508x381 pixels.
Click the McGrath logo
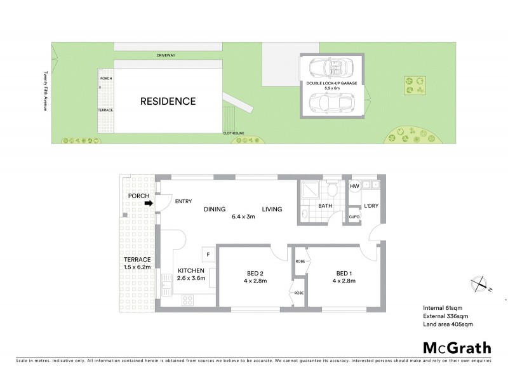coord(457,347)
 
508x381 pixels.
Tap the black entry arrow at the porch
coord(149,204)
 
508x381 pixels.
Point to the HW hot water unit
coord(354,185)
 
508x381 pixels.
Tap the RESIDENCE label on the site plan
coord(168,101)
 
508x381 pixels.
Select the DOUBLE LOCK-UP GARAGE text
coord(332,83)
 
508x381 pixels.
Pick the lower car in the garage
coord(332,102)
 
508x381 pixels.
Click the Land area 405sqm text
coord(448,324)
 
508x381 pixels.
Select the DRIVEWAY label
coord(167,56)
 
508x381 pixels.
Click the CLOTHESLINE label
coord(233,133)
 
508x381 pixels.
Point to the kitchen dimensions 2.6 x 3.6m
coord(190,278)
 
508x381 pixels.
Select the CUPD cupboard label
coord(354,217)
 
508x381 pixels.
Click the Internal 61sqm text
coord(443,308)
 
